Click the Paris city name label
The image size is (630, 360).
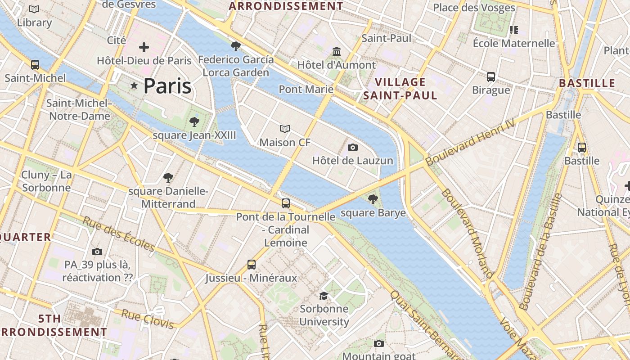[x=167, y=85]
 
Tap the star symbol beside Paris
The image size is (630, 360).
[x=134, y=85]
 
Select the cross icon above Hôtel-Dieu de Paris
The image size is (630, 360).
[x=144, y=47]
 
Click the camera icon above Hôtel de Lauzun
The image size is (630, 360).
[x=353, y=147]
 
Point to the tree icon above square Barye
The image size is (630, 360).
[x=373, y=199]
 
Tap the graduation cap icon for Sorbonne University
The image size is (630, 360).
[x=324, y=296]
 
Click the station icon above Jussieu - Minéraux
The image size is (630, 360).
[x=252, y=265]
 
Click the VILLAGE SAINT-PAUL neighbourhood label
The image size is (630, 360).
[x=400, y=89]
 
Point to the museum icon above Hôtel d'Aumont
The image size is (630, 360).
[x=337, y=52]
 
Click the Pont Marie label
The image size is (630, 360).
[x=306, y=89]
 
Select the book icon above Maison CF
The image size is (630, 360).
[x=284, y=129]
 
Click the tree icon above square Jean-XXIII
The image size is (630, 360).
[x=194, y=121]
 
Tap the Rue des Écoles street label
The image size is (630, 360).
[x=119, y=234]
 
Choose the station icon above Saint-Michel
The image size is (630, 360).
[x=35, y=65]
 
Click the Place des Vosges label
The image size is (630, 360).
[x=474, y=8]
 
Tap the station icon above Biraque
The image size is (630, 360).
[x=491, y=77]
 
